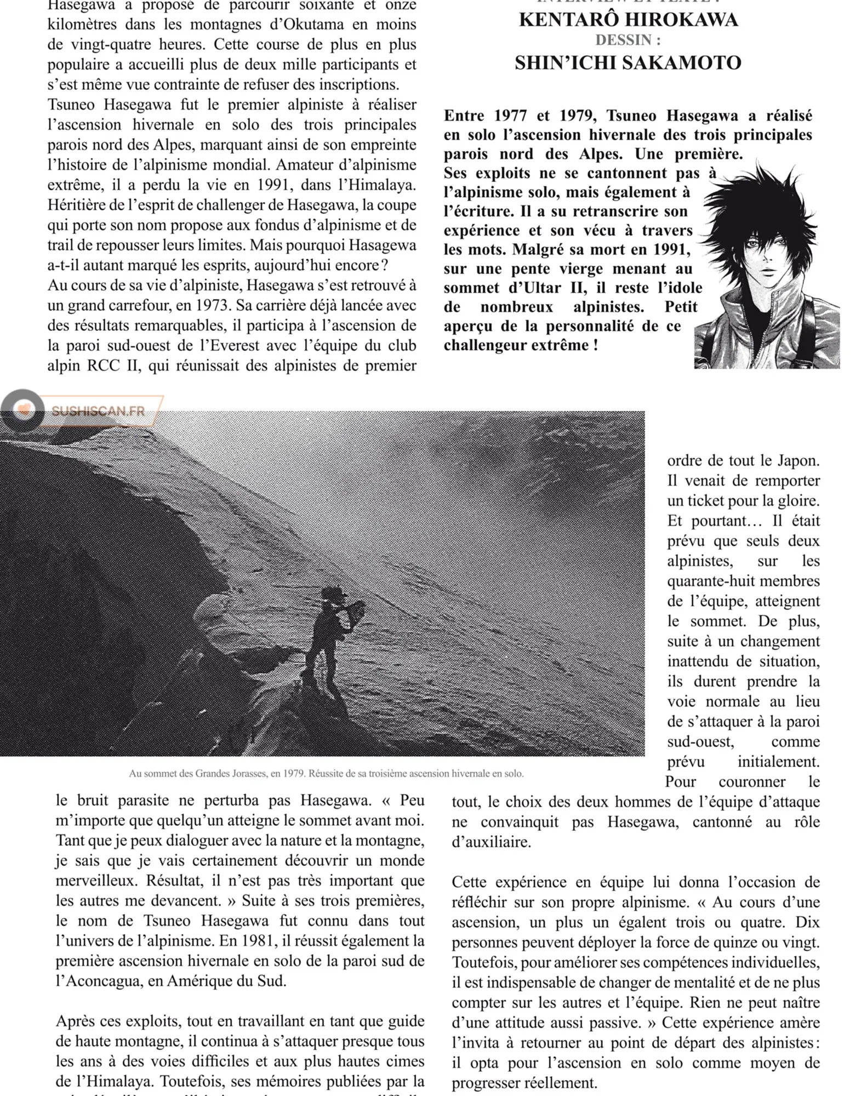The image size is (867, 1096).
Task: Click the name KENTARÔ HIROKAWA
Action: [628, 20]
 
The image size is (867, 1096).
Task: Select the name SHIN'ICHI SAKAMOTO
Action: [628, 63]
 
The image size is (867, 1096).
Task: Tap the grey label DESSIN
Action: [628, 41]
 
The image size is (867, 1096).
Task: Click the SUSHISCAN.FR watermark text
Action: [99, 411]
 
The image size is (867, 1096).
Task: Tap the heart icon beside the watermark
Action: [24, 409]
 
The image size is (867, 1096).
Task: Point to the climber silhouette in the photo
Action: [329, 641]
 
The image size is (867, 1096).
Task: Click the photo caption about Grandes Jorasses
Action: [326, 774]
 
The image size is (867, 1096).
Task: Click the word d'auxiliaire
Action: [491, 842]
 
